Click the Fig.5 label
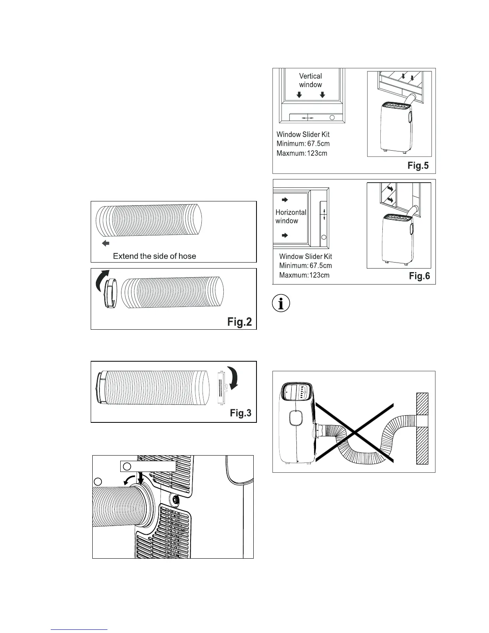[418, 165]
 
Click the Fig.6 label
[419, 276]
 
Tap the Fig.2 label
[239, 322]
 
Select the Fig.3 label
[241, 413]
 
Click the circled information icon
[281, 304]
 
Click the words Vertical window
[310, 80]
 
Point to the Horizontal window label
[291, 217]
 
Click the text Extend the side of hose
[154, 256]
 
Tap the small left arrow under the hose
[105, 243]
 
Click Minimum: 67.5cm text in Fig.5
[303, 143]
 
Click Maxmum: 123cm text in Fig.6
[304, 275]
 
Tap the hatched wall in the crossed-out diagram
[422, 428]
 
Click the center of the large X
[354, 431]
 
